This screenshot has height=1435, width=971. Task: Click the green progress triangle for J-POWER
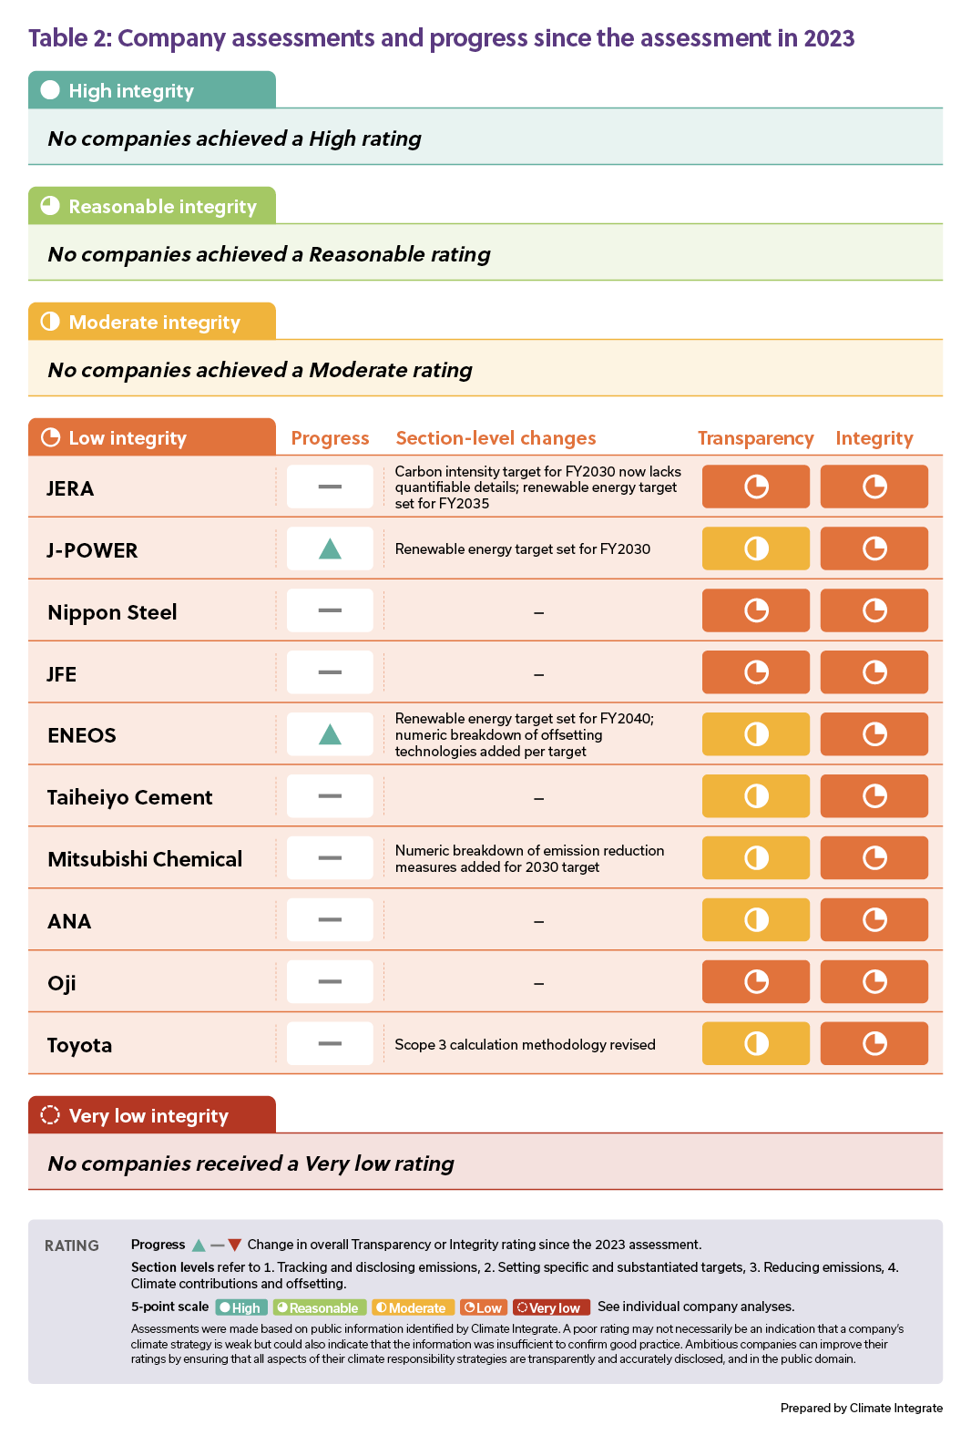(x=330, y=548)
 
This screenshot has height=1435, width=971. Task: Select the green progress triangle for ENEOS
(x=330, y=734)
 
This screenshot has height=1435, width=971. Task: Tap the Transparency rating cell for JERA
(x=755, y=487)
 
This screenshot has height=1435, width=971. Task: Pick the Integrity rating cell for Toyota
(x=874, y=1043)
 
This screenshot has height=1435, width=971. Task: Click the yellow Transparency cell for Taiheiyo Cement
(x=755, y=796)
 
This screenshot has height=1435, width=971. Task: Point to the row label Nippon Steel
(x=112, y=612)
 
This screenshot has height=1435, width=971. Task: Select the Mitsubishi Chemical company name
(x=145, y=859)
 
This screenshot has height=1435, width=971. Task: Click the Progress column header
(x=330, y=438)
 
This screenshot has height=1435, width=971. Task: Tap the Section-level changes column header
(x=496, y=438)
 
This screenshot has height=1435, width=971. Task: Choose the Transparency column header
(x=755, y=438)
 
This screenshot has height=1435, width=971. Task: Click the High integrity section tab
(x=151, y=90)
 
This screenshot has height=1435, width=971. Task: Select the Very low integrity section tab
(x=151, y=1115)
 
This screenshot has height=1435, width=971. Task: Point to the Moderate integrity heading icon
(x=50, y=322)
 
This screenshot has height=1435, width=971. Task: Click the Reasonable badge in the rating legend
(x=319, y=1307)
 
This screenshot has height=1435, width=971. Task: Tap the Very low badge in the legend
(x=551, y=1307)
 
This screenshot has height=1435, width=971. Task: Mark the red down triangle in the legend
(x=235, y=1245)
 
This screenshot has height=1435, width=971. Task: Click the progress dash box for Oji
(x=330, y=981)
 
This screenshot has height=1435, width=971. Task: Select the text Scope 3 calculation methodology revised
(x=525, y=1044)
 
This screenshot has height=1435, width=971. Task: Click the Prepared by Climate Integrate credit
(x=861, y=1408)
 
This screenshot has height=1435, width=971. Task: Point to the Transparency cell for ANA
(x=755, y=919)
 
